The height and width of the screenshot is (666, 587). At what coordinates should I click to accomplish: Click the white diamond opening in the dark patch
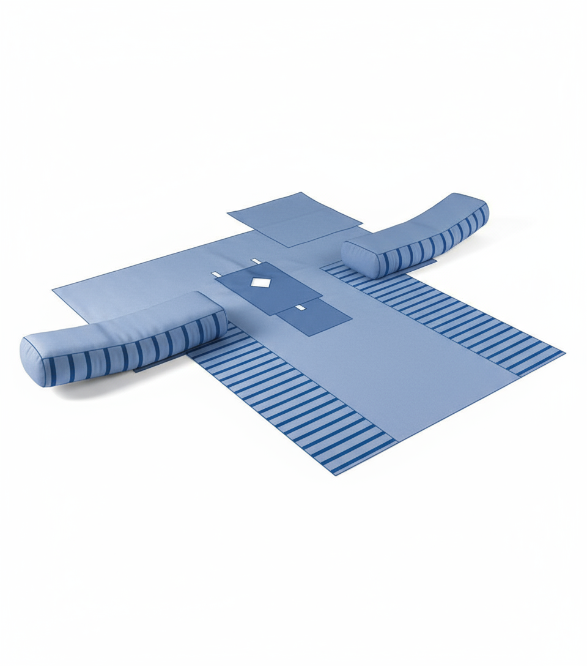point(260,282)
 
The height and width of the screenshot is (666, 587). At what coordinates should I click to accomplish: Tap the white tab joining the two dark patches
point(300,306)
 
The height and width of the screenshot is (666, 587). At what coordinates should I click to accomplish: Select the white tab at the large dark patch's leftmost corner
point(216,274)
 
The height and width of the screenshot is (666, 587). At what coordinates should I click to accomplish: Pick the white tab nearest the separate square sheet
point(256,261)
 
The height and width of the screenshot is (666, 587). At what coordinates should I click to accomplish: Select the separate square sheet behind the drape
point(293,219)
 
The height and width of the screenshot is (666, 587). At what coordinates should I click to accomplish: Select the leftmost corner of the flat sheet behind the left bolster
point(54,289)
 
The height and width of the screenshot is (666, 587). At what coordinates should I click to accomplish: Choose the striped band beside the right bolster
point(452,318)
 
